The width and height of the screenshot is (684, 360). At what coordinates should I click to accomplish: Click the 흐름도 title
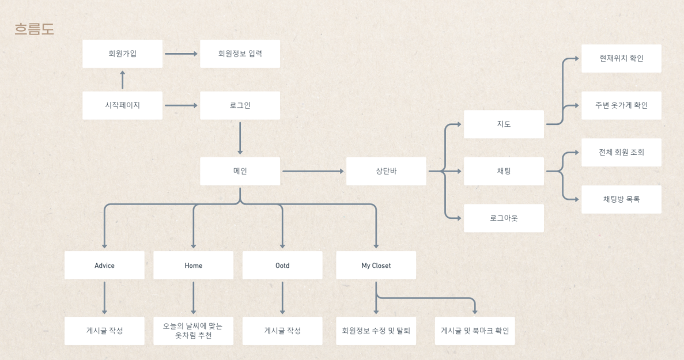[x=35, y=29]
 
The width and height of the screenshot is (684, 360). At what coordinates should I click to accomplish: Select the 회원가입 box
[x=122, y=54]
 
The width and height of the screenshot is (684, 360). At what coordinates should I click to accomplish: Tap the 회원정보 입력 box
[x=240, y=54]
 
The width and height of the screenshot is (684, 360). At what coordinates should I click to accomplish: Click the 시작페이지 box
[x=122, y=105]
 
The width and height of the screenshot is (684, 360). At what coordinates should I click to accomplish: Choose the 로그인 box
[x=240, y=105]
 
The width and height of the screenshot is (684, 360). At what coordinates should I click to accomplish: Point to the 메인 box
[x=240, y=171]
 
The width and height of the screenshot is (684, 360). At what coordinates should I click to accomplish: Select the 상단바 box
[x=386, y=171]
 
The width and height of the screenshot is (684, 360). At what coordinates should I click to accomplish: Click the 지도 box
[x=504, y=124]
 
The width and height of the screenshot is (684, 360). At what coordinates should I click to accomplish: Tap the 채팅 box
[x=504, y=171]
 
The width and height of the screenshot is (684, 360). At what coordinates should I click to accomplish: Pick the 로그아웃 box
[x=504, y=218]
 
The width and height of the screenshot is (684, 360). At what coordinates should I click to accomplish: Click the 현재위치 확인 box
[x=621, y=58]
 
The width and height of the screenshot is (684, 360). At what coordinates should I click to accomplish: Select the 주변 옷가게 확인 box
[x=621, y=105]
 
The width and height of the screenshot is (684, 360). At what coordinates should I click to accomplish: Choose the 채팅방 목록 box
[x=621, y=199]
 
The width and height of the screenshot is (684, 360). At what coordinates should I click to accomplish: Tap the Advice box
[x=104, y=266]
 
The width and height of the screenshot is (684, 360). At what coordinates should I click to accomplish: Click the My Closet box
[x=376, y=266]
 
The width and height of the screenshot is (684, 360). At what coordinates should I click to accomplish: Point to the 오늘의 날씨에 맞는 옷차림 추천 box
[x=193, y=331]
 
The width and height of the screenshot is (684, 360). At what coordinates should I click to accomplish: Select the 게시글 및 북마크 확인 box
[x=475, y=331]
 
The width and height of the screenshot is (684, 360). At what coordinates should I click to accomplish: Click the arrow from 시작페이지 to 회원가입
[x=122, y=79]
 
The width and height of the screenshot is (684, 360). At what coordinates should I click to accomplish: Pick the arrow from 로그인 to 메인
[x=240, y=138]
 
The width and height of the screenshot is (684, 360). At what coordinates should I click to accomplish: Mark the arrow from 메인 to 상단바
[x=313, y=171]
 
